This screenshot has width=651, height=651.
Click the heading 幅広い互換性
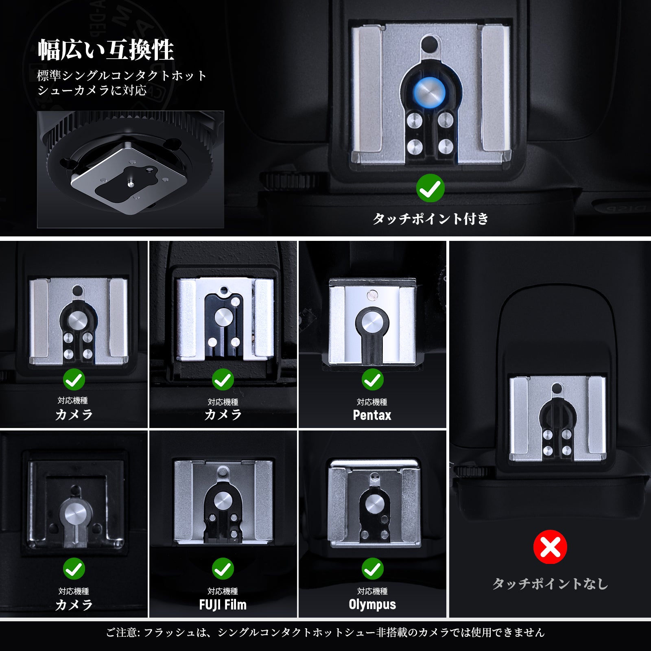click(x=106, y=50)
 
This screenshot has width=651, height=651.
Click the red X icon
click(x=550, y=547)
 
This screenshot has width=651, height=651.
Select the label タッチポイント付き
click(x=430, y=218)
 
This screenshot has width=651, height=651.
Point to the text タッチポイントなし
click(x=550, y=584)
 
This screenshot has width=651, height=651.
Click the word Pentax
click(x=372, y=415)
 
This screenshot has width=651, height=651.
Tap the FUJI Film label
click(x=223, y=605)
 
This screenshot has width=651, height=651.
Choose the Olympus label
click(x=372, y=605)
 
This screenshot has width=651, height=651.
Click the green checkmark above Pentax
click(x=372, y=380)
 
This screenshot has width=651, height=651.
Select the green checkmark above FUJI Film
click(x=223, y=569)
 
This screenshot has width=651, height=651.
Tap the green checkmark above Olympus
click(x=372, y=569)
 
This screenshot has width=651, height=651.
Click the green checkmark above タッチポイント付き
click(x=430, y=188)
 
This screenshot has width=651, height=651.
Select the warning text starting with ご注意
click(x=325, y=632)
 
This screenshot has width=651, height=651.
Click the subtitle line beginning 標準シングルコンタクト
click(x=122, y=76)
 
